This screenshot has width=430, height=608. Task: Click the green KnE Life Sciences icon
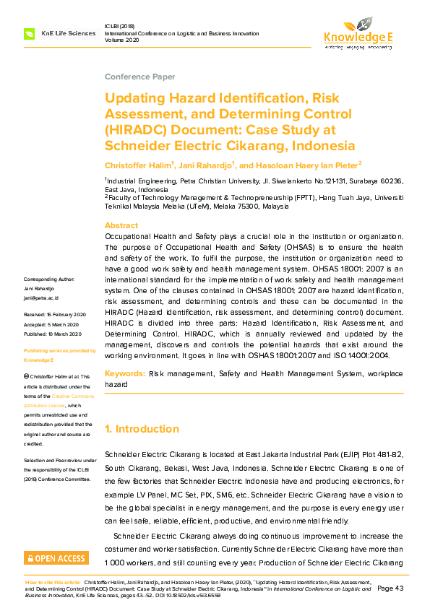30,34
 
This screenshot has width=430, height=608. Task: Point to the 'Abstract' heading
121,225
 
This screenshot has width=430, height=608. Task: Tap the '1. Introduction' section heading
142,429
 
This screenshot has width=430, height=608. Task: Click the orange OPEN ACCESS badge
56,558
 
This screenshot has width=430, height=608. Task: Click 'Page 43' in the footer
390,589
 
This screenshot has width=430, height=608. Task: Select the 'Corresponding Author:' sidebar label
49,279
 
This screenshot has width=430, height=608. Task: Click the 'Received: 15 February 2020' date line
55,315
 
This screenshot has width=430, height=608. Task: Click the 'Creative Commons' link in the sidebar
69,396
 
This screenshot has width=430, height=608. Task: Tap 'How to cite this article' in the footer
53,581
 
